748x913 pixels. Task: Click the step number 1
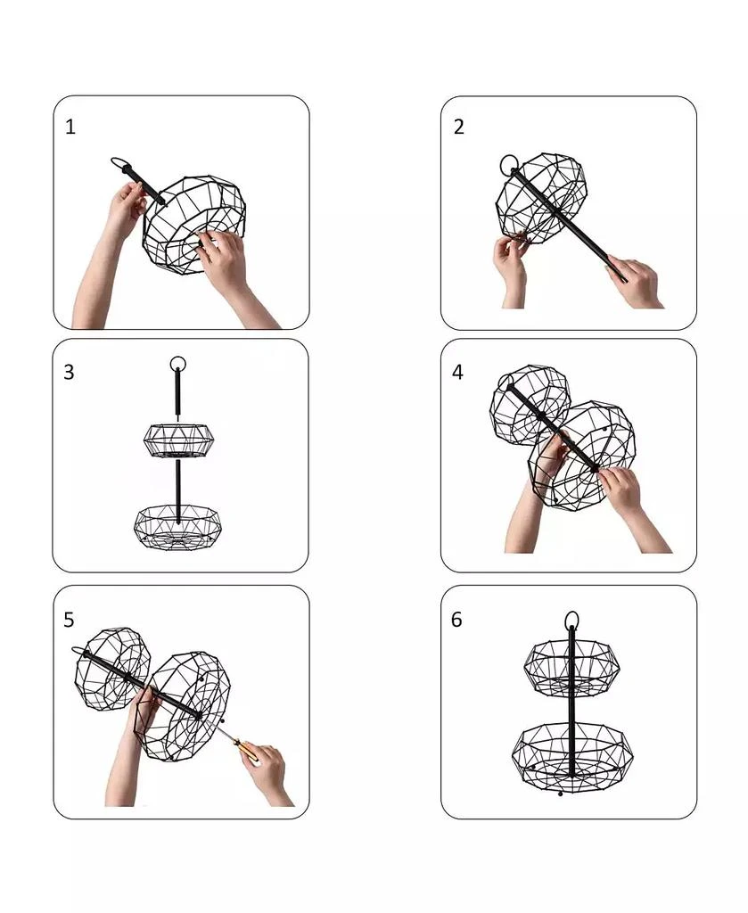(70, 127)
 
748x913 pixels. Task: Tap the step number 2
(458, 127)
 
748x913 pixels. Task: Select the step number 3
(69, 372)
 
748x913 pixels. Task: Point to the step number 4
(457, 372)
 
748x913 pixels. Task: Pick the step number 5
(69, 621)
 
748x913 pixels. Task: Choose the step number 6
(456, 620)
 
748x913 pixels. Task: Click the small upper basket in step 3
(179, 440)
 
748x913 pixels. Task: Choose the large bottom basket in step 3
(177, 525)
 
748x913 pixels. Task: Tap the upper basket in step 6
(572, 668)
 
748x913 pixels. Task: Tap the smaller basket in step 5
(112, 669)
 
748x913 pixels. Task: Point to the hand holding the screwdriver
(267, 775)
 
